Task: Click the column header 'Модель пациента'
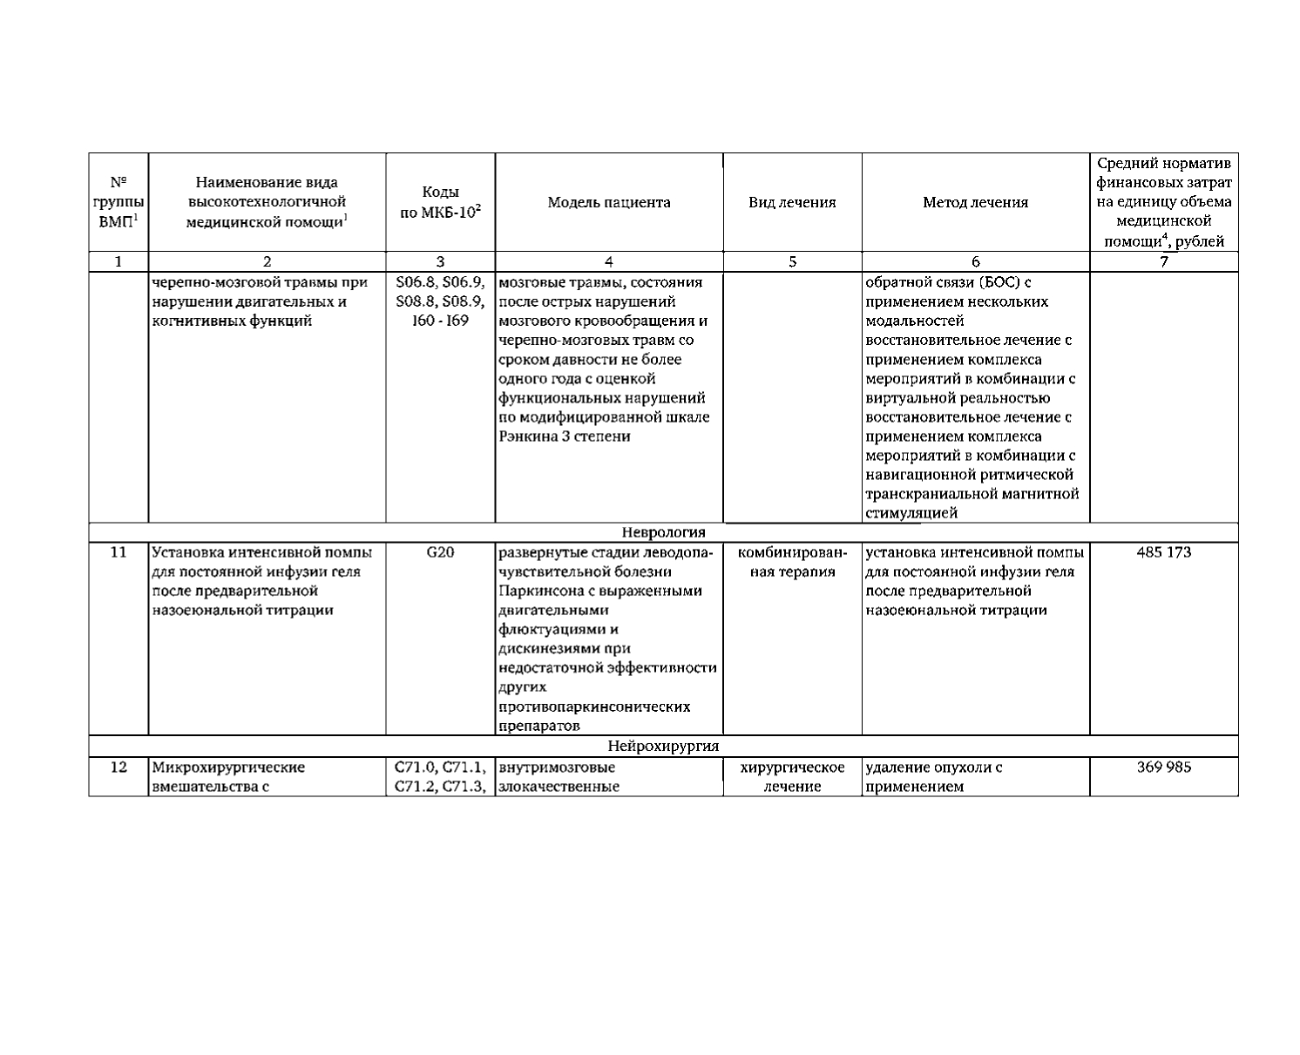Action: click(608, 203)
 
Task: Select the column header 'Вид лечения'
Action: click(792, 203)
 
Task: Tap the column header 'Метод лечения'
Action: click(975, 203)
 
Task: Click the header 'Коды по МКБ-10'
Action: click(440, 203)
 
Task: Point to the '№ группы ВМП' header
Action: click(118, 203)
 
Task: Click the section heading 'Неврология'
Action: click(663, 532)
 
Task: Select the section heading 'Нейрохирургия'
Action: click(663, 747)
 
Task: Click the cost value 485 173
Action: click(1163, 552)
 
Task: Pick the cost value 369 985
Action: click(1163, 768)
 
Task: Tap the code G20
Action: click(440, 552)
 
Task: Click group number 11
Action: click(118, 552)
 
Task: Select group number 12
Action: click(118, 768)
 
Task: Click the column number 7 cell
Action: click(1163, 261)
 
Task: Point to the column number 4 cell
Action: click(608, 261)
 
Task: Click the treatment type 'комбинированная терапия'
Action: click(792, 562)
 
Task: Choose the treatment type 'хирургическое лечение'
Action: click(792, 777)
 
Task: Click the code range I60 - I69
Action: click(440, 321)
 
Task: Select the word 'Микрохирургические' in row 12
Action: click(228, 768)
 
